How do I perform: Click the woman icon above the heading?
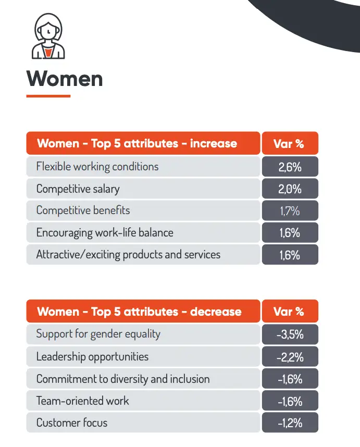click(47, 36)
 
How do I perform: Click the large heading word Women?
click(65, 79)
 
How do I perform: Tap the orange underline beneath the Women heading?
click(48, 96)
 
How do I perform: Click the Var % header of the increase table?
click(289, 143)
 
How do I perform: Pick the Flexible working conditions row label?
click(97, 167)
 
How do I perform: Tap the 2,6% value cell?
click(289, 167)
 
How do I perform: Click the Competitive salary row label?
click(78, 189)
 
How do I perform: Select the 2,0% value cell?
click(289, 189)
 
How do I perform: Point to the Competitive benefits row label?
click(83, 211)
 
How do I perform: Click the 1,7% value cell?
click(289, 211)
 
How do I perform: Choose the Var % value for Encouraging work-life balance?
click(289, 233)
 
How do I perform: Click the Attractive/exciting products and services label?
click(128, 255)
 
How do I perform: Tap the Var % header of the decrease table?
click(289, 312)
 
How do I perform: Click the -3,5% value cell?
click(289, 334)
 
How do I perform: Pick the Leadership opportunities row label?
click(92, 357)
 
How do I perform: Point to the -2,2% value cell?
click(289, 357)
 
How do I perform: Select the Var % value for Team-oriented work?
click(289, 401)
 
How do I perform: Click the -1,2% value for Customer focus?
click(289, 423)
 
